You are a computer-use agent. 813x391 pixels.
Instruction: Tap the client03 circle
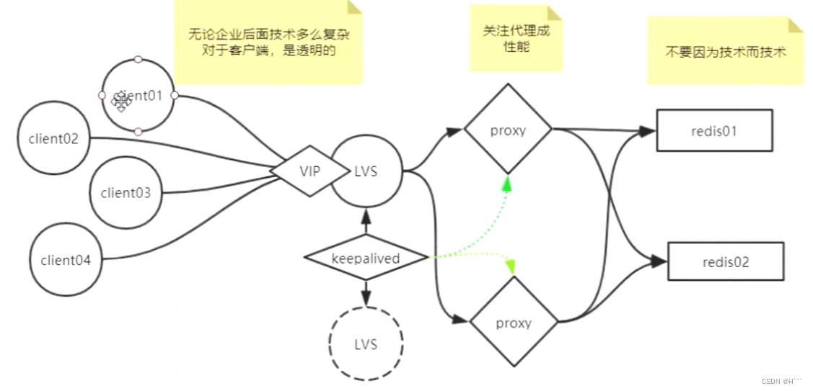tap(126, 192)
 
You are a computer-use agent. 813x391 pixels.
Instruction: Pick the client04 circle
tap(66, 260)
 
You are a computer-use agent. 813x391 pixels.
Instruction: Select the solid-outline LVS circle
tap(366, 171)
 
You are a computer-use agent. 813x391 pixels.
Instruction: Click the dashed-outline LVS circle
tap(366, 343)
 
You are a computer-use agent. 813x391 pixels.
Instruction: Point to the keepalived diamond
tap(365, 258)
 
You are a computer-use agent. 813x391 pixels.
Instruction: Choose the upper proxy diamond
tap(508, 130)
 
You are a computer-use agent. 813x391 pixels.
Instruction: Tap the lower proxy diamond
tap(514, 323)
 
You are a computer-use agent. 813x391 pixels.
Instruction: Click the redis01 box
tap(714, 130)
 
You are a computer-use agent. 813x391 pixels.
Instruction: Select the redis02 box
tap(726, 261)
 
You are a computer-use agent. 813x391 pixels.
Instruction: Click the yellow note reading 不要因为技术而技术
tap(725, 52)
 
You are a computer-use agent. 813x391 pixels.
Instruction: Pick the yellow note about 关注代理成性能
tap(516, 38)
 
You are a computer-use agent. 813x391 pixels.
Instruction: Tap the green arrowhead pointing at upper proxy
tap(507, 184)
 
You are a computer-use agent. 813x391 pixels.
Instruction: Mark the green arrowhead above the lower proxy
tap(512, 266)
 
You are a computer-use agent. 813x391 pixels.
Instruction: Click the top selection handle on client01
tap(138, 60)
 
